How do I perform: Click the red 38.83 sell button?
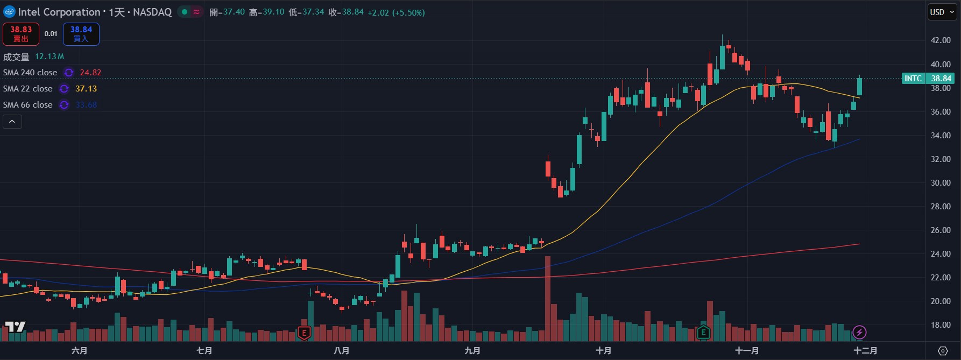tap(21, 34)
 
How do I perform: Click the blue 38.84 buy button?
tap(81, 34)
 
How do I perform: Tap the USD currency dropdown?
tap(942, 12)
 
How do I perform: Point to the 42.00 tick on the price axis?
tap(941, 40)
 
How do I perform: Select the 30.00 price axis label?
tap(941, 183)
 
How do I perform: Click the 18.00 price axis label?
tap(941, 325)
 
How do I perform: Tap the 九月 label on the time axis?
tap(472, 351)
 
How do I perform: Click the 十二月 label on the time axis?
tap(865, 351)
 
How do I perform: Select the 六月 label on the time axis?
tap(80, 351)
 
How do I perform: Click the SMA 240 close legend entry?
tap(30, 73)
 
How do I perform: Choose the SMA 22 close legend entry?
tap(28, 89)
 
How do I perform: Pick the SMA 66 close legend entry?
tap(28, 105)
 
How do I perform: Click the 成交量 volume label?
tap(16, 57)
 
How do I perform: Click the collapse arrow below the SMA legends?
tap(12, 122)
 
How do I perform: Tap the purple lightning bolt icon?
tap(859, 333)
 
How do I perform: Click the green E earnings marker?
tap(703, 333)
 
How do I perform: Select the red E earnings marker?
tap(304, 333)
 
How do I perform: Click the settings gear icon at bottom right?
tap(943, 351)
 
